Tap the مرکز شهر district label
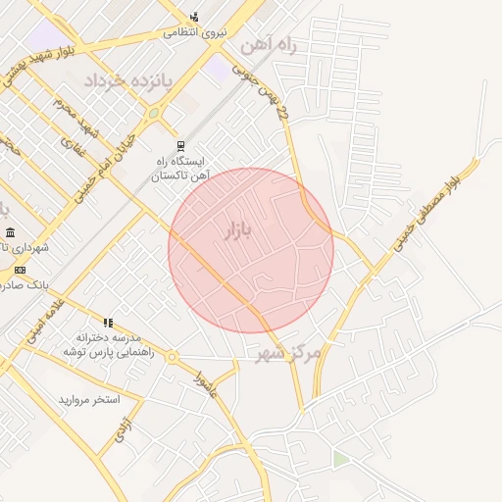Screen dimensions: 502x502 (x=293, y=353)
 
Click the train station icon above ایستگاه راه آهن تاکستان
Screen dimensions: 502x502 (x=178, y=145)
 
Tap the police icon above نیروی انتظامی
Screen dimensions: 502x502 (x=194, y=16)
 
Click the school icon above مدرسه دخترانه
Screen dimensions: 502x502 (x=108, y=322)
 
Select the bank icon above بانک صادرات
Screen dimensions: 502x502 (x=20, y=271)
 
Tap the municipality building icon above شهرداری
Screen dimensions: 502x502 (x=10, y=232)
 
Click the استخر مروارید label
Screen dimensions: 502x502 (x=88, y=400)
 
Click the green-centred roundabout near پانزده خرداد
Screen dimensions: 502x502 (x=153, y=113)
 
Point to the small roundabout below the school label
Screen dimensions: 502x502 (x=172, y=357)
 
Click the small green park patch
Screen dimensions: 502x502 (x=340, y=458)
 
